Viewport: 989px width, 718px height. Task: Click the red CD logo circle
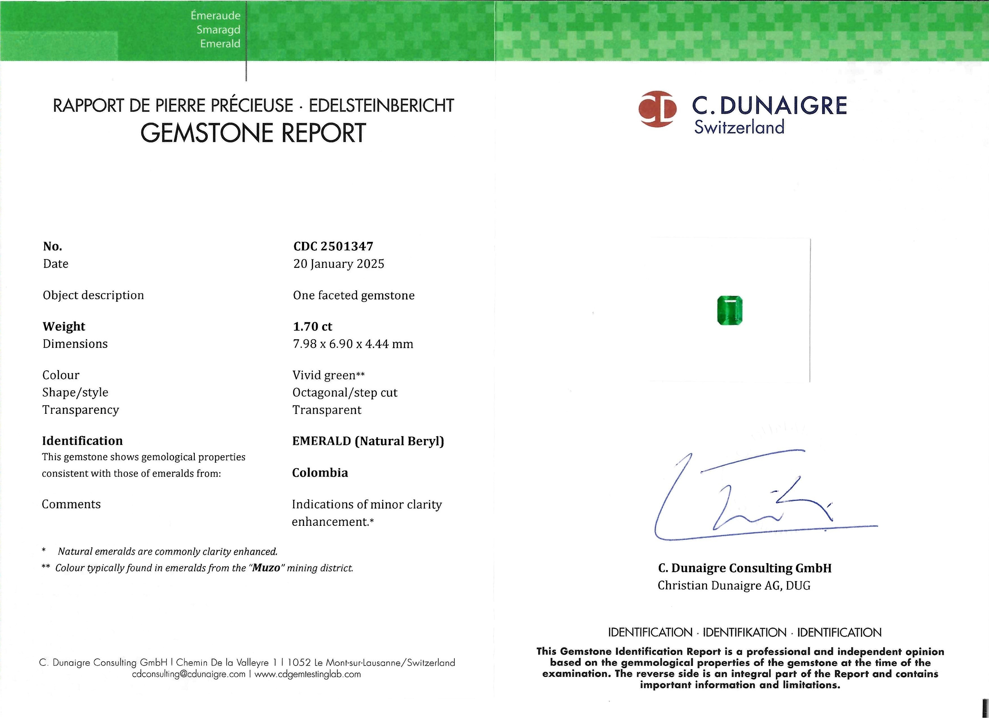pyautogui.click(x=657, y=109)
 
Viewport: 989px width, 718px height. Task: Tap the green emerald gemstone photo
pyautogui.click(x=730, y=310)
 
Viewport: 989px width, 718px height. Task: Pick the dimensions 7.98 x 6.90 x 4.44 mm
pyautogui.click(x=353, y=344)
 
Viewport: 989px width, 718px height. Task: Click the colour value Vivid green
pyautogui.click(x=324, y=375)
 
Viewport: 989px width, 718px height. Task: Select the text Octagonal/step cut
pyautogui.click(x=345, y=393)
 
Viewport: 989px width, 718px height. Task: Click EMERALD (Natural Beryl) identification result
pyautogui.click(x=367, y=441)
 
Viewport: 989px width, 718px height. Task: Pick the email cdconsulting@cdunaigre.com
pyautogui.click(x=189, y=675)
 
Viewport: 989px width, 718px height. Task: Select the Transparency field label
pyautogui.click(x=81, y=410)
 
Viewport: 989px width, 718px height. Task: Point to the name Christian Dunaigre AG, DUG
pyautogui.click(x=734, y=585)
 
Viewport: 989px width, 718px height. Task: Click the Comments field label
pyautogui.click(x=71, y=504)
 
